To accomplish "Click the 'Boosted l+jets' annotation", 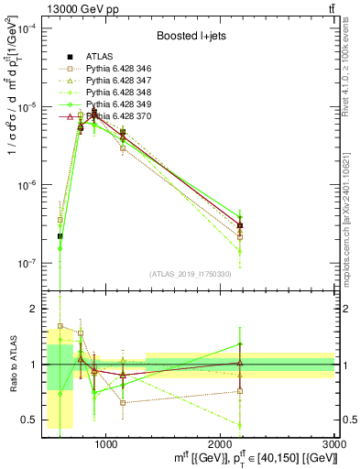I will click(187, 35).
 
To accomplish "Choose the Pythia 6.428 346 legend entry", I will click(120, 69).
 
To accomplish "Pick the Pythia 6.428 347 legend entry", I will click(120, 81).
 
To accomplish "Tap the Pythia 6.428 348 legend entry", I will click(120, 93).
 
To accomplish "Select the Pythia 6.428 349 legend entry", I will click(120, 104).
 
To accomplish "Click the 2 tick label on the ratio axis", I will click(35, 309).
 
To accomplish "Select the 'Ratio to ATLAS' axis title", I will click(11, 365).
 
